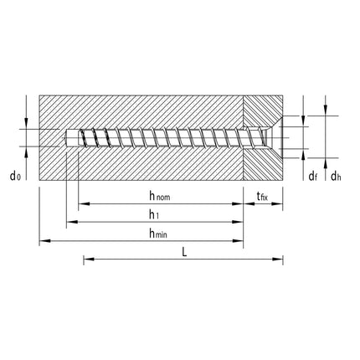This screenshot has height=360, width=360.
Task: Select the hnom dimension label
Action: click(x=160, y=196)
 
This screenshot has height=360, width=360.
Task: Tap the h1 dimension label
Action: click(x=154, y=214)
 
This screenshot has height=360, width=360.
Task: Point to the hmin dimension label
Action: click(x=157, y=234)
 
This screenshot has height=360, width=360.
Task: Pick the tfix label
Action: click(x=262, y=197)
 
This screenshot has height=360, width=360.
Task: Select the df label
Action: click(x=312, y=176)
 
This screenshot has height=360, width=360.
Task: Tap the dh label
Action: click(x=336, y=176)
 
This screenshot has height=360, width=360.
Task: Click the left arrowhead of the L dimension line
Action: click(x=86, y=260)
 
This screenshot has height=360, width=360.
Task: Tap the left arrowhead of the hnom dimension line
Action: click(x=80, y=204)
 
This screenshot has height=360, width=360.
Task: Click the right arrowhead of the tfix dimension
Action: click(x=280, y=204)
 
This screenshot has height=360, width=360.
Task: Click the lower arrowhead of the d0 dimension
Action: click(x=27, y=148)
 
